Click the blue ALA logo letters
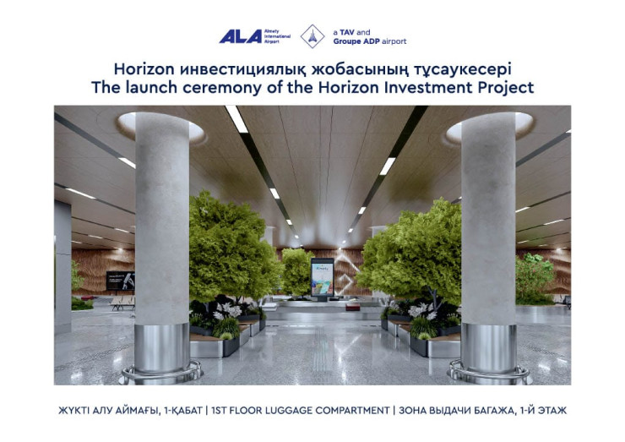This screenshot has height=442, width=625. click(x=241, y=36)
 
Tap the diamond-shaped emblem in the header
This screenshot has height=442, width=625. click(x=312, y=36)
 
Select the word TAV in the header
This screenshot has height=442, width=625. click(x=347, y=32)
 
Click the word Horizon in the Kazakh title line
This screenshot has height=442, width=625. click(x=144, y=69)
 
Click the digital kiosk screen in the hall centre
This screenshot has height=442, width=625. click(x=323, y=277)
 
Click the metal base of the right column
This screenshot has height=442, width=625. click(x=489, y=349)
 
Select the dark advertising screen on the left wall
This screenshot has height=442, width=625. click(x=121, y=281)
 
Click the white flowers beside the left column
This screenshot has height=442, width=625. click(x=227, y=311)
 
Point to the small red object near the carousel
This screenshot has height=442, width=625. click(x=352, y=307)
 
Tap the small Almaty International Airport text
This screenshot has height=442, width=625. click(x=277, y=36)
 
